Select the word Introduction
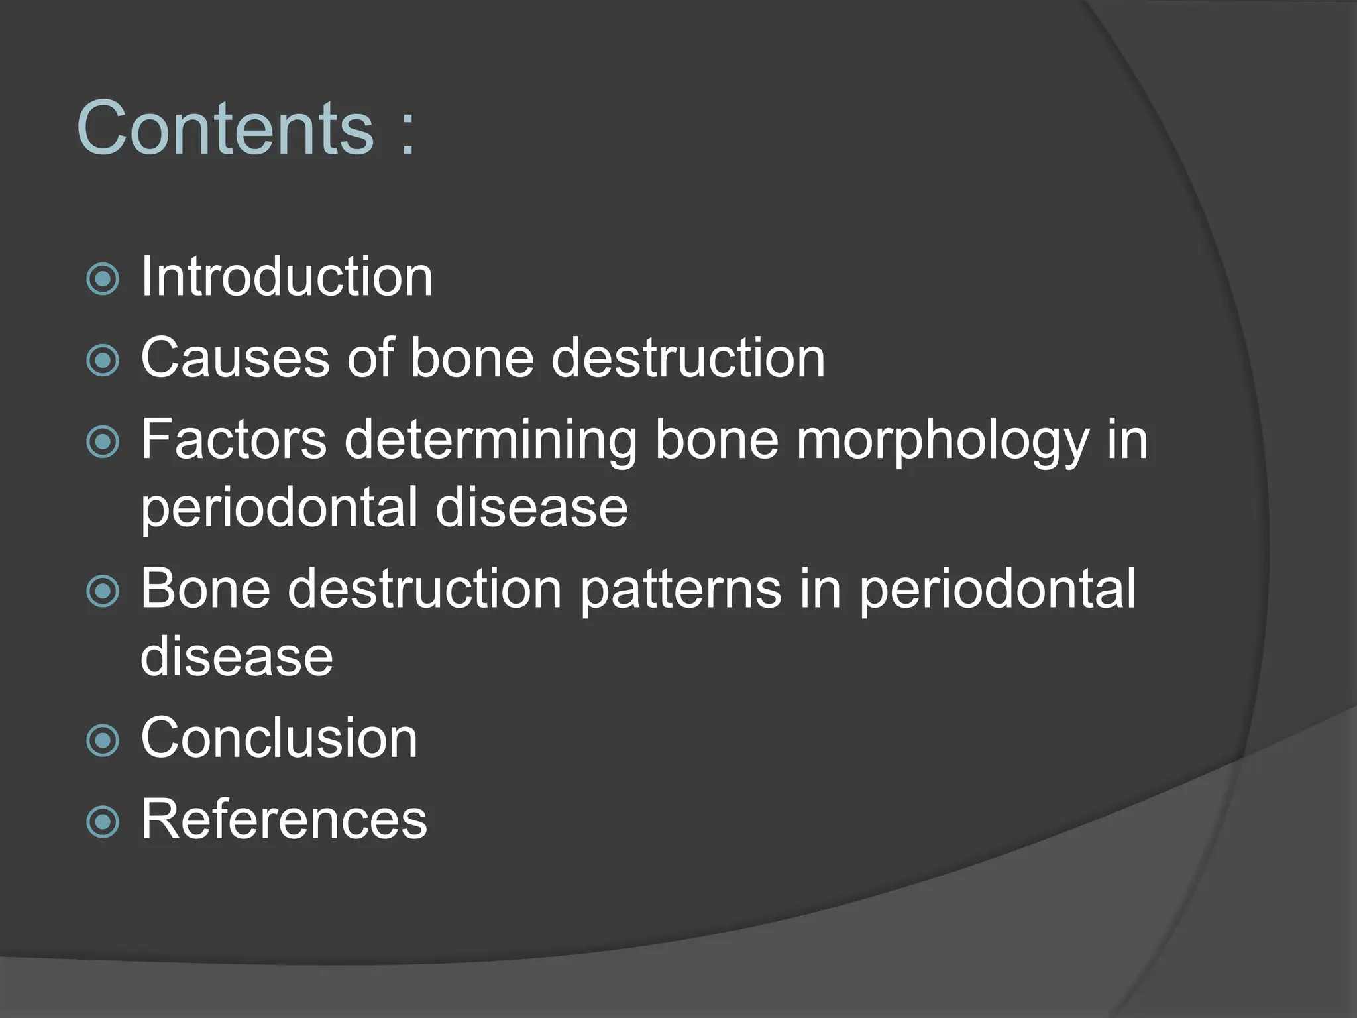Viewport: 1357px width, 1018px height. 286,277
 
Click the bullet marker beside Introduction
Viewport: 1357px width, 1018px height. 103,279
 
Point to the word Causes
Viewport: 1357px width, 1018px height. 235,358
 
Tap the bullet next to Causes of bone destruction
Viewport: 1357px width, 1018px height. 103,361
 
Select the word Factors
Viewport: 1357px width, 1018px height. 234,439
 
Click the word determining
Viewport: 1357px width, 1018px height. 490,441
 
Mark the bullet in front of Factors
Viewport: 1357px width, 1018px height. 103,442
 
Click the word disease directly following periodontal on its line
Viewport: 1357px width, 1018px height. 531,508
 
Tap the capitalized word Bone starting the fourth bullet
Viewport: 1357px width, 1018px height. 205,589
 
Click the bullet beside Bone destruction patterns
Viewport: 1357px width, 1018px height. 103,591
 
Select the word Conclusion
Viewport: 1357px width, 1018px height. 279,738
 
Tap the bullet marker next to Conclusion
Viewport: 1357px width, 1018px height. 103,740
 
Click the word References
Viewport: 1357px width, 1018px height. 284,820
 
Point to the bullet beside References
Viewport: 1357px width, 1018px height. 103,822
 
